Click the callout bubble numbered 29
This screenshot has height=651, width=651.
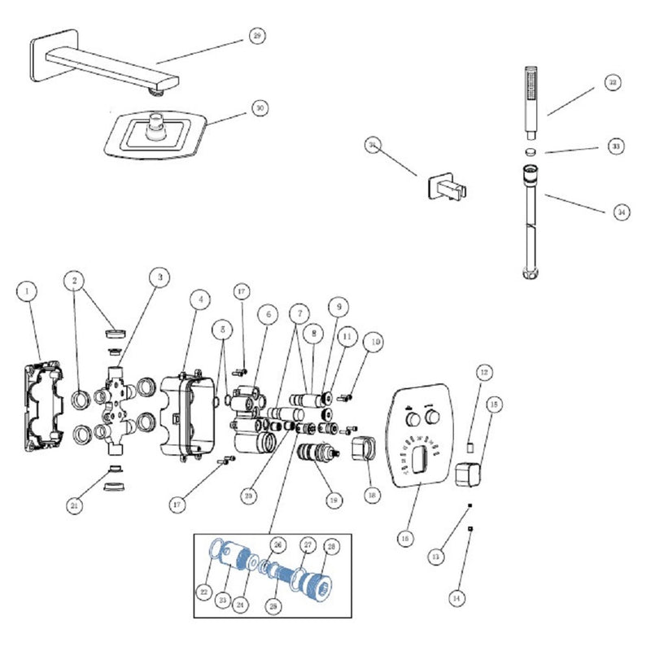pyautogui.click(x=257, y=37)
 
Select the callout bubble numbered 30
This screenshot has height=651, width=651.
pyautogui.click(x=258, y=107)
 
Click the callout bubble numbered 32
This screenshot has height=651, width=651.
pyautogui.click(x=612, y=83)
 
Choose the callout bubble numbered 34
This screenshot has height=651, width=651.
pyautogui.click(x=621, y=212)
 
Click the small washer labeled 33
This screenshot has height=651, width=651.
pyautogui.click(x=530, y=151)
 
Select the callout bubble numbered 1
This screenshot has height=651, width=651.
pyautogui.click(x=28, y=290)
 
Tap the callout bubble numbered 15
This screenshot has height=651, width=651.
pyautogui.click(x=492, y=404)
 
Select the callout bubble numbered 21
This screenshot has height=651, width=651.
pyautogui.click(x=75, y=505)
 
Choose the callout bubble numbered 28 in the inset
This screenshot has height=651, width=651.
pyautogui.click(x=331, y=545)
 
